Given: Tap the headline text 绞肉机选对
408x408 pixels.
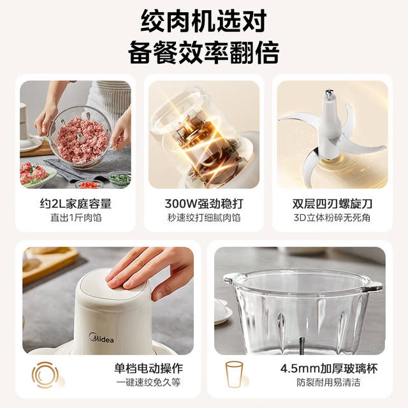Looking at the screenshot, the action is point(204,21).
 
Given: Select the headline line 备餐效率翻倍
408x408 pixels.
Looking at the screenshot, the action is point(204,52).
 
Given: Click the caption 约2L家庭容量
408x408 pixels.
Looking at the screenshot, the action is point(75,204).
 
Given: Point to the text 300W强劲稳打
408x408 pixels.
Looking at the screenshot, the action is point(204,204).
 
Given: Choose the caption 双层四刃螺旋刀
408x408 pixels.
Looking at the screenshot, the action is point(332,204).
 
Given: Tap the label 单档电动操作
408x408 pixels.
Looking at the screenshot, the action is point(149,368).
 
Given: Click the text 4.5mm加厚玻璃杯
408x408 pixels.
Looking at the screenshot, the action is point(329,368).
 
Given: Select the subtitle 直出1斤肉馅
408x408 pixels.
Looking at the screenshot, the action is point(76,217).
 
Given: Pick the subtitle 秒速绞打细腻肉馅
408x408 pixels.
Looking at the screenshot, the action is point(204,217).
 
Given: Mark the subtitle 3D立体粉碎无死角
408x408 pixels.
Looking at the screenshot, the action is point(332,217).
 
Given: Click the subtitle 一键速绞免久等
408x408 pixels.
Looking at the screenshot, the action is point(149,382).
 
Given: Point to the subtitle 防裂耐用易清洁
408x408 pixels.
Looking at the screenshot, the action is point(329,382).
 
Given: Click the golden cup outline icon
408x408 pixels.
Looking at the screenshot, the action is point(234,375).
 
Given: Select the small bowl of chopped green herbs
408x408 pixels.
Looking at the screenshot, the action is point(120,179).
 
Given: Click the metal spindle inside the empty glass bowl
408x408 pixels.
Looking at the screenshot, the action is point(302,346).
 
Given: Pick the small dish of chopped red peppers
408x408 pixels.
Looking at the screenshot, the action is point(89,184).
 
